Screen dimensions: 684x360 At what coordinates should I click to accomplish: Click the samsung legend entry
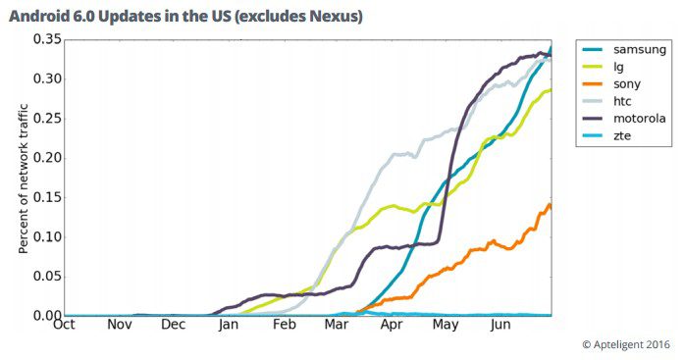(624, 50)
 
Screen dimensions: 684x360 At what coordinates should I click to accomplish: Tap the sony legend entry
(611, 84)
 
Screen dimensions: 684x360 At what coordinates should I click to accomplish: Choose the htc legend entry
(606, 101)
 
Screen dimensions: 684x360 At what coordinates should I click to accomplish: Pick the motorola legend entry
(624, 119)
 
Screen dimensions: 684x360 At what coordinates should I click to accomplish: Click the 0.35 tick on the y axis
(47, 39)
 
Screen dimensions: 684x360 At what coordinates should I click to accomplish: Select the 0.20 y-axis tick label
(47, 158)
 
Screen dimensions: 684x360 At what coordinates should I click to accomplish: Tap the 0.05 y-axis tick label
(47, 277)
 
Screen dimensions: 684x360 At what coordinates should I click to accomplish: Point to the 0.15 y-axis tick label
(47, 197)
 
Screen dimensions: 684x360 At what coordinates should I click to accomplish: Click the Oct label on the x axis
(64, 325)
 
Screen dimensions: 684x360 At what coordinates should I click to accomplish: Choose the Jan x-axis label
(229, 325)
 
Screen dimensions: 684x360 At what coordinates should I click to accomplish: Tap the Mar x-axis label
(337, 325)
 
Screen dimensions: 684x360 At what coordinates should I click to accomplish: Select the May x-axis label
(446, 325)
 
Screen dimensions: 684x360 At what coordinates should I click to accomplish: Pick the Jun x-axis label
(500, 325)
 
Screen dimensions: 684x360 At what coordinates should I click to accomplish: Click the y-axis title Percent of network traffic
(24, 179)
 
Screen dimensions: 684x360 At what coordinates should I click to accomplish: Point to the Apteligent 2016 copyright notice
(626, 344)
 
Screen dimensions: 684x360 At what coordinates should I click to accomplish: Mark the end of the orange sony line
(551, 207)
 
